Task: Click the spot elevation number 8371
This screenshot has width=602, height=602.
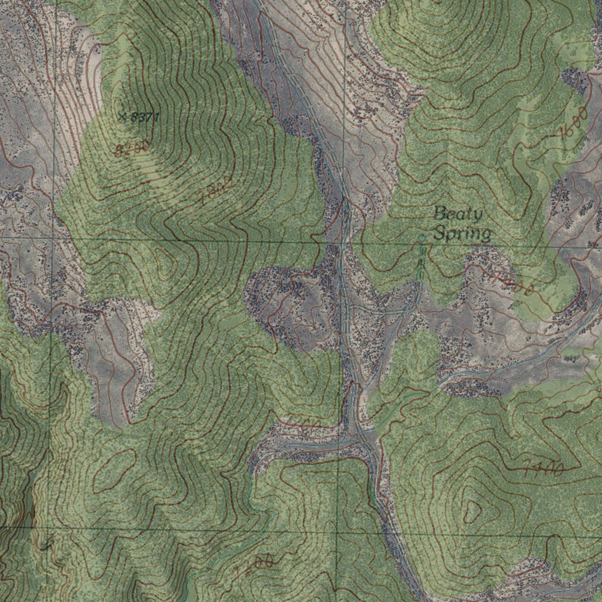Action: click(x=145, y=118)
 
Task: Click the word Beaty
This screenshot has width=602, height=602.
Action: click(x=458, y=213)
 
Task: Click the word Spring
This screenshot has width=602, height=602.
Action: click(x=463, y=234)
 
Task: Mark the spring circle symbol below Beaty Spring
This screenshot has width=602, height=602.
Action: click(x=422, y=239)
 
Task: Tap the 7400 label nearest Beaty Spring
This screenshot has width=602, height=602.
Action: click(x=513, y=283)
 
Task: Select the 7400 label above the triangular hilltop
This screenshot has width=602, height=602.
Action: click(x=544, y=468)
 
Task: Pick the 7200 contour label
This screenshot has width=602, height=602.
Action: click(x=255, y=565)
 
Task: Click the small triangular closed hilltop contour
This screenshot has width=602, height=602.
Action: click(x=472, y=510)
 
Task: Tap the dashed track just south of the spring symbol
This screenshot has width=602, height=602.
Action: click(x=420, y=265)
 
